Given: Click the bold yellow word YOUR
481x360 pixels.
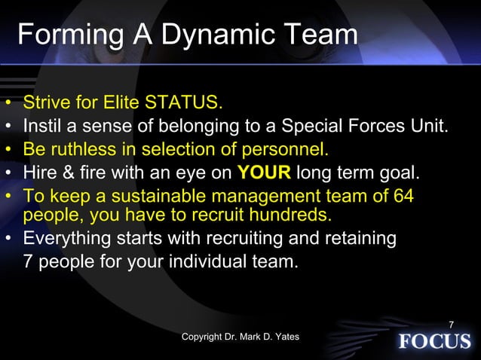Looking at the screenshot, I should [x=264, y=174].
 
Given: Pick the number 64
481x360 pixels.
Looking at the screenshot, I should [x=403, y=197].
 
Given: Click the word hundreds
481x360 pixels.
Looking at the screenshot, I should [x=290, y=215].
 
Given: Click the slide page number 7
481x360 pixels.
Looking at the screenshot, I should [x=451, y=325].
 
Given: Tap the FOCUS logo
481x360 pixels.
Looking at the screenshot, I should [x=434, y=341].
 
